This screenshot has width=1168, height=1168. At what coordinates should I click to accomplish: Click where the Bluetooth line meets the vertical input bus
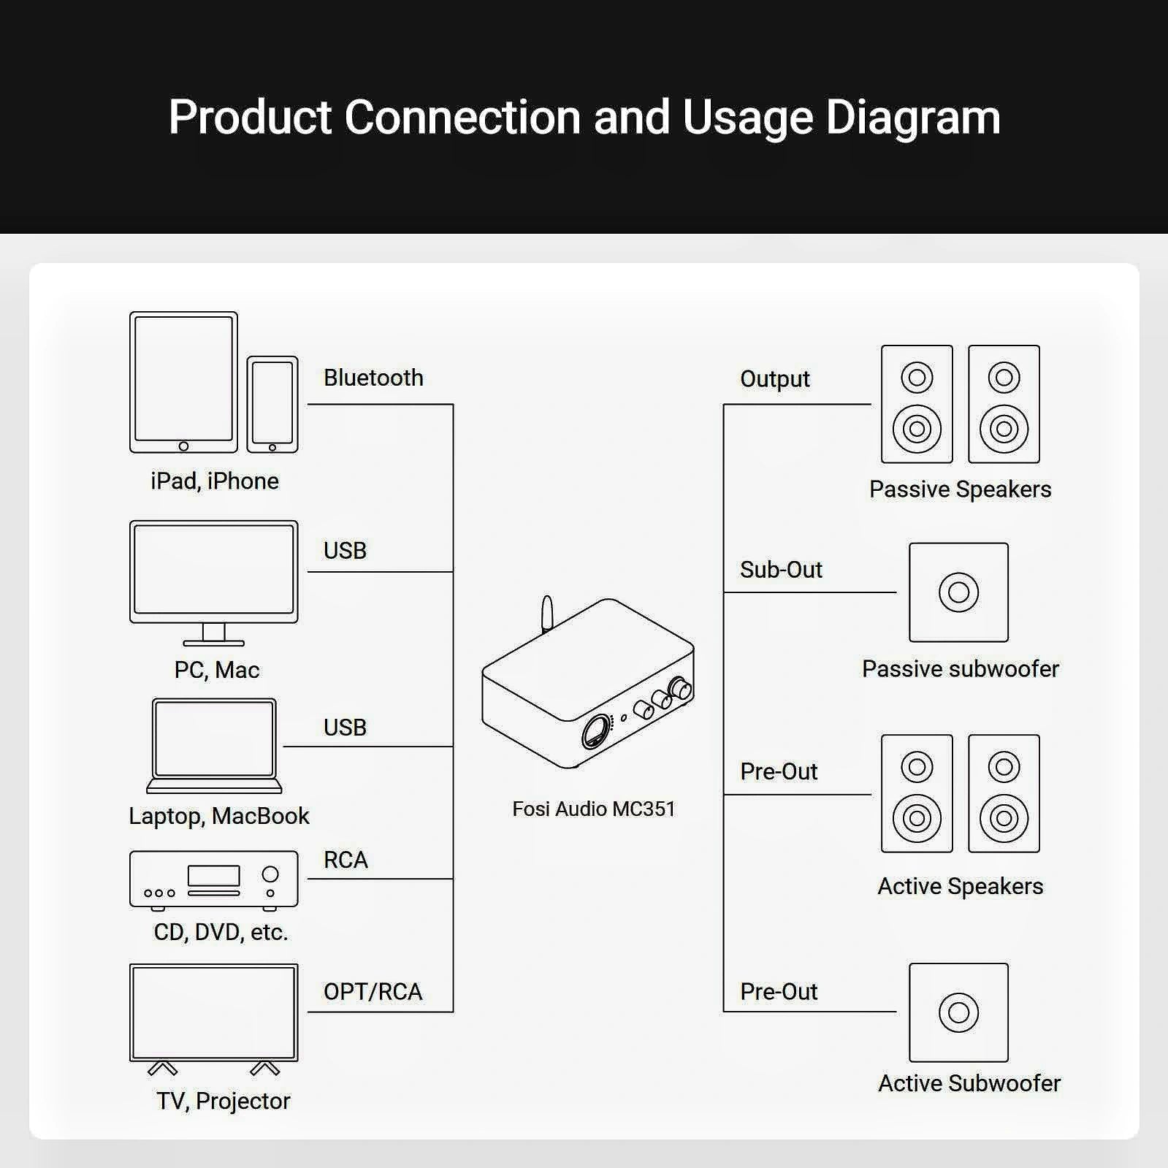click(x=453, y=404)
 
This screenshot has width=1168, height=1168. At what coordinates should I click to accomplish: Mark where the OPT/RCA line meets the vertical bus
click(x=453, y=1012)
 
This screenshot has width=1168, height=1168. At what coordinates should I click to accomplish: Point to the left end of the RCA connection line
click(x=308, y=879)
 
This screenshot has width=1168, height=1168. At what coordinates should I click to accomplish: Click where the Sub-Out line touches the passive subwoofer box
click(x=896, y=592)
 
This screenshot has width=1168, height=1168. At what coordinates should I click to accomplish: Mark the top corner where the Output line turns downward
click(x=724, y=404)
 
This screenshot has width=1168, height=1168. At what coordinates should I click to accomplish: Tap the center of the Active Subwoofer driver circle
click(x=958, y=1012)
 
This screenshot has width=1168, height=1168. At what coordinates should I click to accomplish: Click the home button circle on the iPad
click(x=183, y=446)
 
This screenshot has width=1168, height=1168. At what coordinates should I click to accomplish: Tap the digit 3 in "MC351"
click(x=644, y=809)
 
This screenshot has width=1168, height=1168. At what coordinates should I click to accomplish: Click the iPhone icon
click(x=272, y=404)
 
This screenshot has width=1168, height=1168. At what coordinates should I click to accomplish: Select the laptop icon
click(x=214, y=746)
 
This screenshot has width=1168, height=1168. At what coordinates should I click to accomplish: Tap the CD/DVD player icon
click(x=214, y=881)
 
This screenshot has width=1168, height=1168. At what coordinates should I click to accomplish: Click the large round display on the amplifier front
click(x=596, y=730)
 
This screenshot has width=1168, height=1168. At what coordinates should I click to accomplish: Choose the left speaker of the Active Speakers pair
click(x=917, y=793)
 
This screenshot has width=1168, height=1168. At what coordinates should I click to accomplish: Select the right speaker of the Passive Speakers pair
click(x=1004, y=404)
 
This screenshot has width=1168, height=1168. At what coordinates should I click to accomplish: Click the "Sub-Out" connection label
click(x=781, y=569)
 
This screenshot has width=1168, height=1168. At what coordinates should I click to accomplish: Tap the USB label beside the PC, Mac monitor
click(x=345, y=550)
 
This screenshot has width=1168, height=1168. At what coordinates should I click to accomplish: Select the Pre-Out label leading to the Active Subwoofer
click(x=779, y=991)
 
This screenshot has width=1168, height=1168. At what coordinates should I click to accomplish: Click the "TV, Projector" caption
click(x=224, y=1101)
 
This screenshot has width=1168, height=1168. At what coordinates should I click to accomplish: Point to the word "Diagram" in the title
click(x=913, y=118)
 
